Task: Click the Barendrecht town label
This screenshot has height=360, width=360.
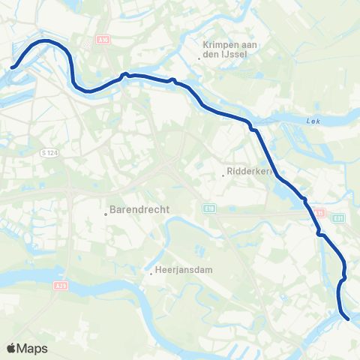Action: click(138, 210)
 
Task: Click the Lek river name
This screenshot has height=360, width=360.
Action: click(313, 121)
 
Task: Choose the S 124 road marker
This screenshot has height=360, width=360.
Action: click(49, 153)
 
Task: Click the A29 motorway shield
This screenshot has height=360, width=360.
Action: click(61, 285)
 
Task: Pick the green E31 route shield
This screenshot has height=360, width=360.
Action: click(338, 218)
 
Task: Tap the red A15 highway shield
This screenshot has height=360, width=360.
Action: click(319, 213)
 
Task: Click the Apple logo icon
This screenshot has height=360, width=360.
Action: click(11, 348)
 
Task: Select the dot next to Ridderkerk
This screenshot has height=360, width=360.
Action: click(223, 175)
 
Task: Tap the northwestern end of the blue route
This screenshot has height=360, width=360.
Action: click(13, 69)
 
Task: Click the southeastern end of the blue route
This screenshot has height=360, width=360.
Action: click(349, 319)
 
